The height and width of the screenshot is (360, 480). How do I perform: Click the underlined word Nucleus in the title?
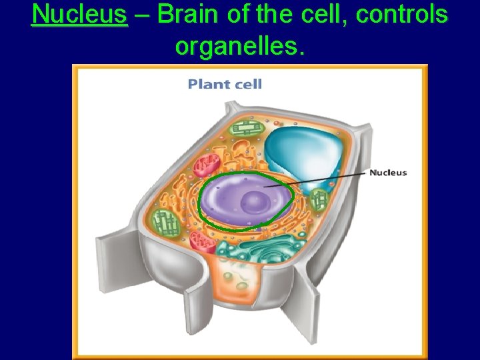[79, 14]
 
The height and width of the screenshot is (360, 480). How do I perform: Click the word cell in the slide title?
[319, 14]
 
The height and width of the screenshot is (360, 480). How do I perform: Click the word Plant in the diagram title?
[206, 84]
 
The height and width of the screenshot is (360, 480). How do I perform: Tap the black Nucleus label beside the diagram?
[387, 173]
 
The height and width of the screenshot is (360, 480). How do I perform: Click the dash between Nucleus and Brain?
[141, 14]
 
